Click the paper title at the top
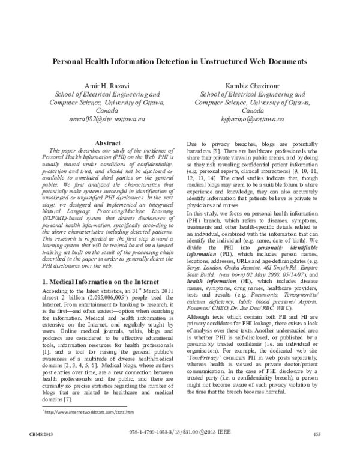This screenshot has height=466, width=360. coord(180,61)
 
